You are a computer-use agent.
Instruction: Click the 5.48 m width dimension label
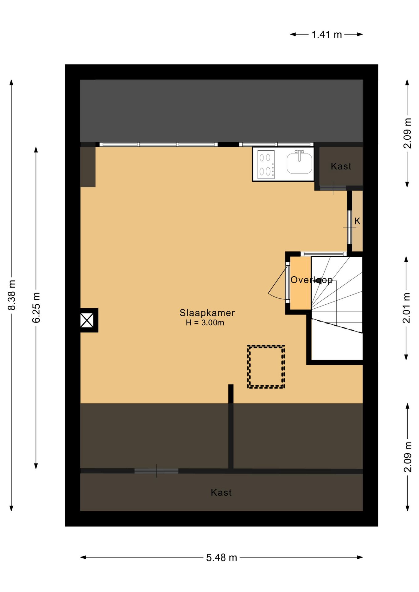click(x=221, y=557)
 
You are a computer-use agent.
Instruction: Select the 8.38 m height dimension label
click(x=11, y=295)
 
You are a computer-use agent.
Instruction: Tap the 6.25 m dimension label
click(x=36, y=307)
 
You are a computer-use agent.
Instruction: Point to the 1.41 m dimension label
click(x=326, y=35)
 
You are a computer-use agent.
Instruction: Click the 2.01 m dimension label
click(x=406, y=308)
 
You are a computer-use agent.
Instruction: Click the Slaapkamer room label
click(x=207, y=313)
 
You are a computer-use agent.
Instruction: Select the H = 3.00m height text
click(x=205, y=323)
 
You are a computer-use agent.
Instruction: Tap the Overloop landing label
click(x=311, y=280)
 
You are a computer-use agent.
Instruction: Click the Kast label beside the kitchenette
click(x=341, y=166)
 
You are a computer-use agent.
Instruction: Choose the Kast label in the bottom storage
click(x=221, y=493)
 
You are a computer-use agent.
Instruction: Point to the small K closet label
click(x=357, y=221)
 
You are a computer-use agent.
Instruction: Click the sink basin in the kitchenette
click(x=299, y=164)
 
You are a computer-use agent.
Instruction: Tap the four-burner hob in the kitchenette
click(x=266, y=164)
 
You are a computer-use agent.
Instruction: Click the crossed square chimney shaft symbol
click(x=87, y=320)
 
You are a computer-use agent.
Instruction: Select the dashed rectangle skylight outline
click(x=266, y=367)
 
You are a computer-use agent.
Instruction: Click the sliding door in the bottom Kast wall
click(x=156, y=471)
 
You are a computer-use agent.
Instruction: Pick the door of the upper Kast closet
click(x=333, y=188)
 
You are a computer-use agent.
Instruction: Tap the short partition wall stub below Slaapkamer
click(x=231, y=394)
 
